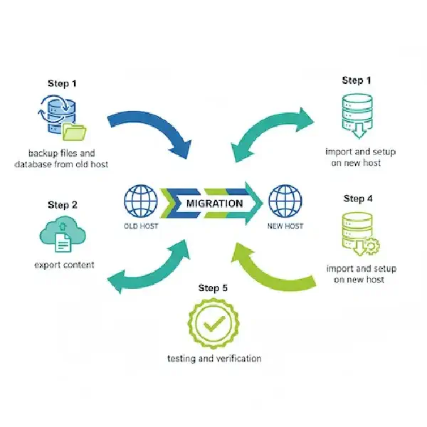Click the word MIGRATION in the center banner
point(214,203)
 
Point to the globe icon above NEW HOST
point(285,201)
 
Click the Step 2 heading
point(63,205)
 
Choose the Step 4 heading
point(358,198)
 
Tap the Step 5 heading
point(213,288)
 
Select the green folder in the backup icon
point(73,132)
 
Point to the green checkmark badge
point(213,325)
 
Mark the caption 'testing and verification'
point(213,358)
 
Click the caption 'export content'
point(63,265)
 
